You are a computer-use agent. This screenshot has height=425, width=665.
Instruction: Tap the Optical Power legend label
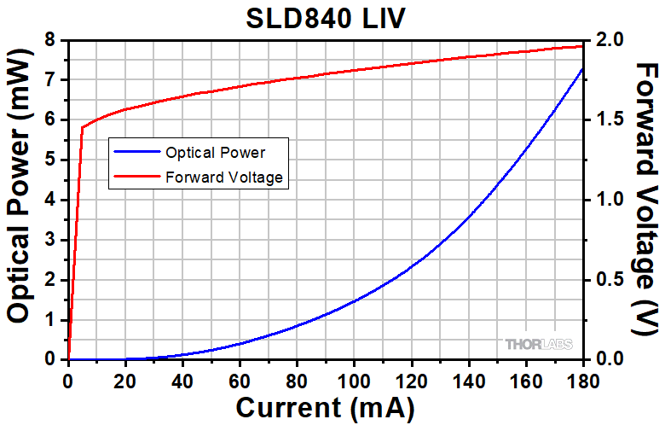click(216, 153)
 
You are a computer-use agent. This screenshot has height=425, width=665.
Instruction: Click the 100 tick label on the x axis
click(354, 380)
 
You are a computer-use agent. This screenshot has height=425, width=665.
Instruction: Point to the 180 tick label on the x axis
click(582, 380)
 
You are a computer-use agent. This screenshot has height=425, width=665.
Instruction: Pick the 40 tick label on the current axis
click(182, 380)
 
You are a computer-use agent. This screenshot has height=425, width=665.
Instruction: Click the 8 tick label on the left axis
click(50, 40)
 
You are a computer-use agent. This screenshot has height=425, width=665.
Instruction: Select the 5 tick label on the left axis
click(50, 160)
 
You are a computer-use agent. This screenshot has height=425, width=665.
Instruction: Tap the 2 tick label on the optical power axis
click(50, 280)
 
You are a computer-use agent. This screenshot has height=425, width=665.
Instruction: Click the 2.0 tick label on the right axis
click(606, 40)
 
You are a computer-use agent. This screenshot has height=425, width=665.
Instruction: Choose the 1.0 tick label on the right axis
click(606, 200)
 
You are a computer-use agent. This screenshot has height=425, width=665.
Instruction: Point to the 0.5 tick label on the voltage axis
click(606, 280)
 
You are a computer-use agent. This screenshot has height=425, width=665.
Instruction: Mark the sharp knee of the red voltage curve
click(83, 128)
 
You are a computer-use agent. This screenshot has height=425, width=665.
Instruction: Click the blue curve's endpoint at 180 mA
click(582, 68)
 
